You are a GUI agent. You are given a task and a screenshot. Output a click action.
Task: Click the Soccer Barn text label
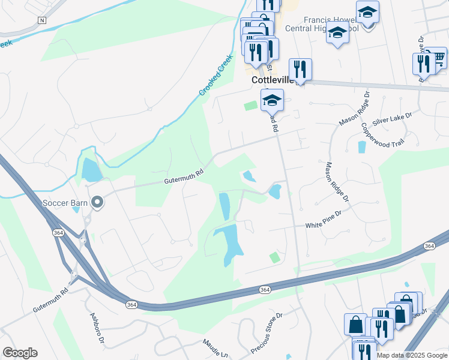(x=65, y=202)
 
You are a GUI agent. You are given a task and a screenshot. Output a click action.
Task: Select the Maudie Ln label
(x=216, y=347)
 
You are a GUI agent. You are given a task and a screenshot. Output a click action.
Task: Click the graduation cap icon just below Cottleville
(x=272, y=100)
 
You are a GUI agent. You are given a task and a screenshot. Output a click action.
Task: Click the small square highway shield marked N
(x=41, y=20)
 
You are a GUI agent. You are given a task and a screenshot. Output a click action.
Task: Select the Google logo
(x=20, y=353)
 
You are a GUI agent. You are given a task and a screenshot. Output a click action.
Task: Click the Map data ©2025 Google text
(x=412, y=355)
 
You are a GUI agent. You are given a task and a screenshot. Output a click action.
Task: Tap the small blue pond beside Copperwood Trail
(x=362, y=147)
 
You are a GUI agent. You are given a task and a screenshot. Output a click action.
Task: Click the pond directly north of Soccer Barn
(x=92, y=170)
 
